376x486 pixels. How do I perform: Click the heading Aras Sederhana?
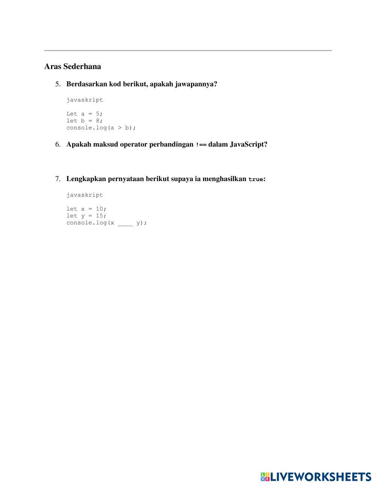tap(73, 66)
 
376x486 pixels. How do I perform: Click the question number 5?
tap(58, 84)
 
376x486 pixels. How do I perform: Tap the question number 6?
tap(58, 145)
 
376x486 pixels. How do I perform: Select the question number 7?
tap(58, 179)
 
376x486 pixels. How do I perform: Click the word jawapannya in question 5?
tap(196, 84)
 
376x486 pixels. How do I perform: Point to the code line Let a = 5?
tap(85, 114)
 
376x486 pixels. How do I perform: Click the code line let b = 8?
tap(85, 121)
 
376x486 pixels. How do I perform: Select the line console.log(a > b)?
tap(101, 128)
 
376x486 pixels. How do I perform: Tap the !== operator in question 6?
tap(201, 145)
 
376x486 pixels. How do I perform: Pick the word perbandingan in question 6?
tap(171, 145)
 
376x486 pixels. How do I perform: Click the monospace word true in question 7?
tap(256, 180)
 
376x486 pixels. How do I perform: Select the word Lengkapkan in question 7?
tap(86, 179)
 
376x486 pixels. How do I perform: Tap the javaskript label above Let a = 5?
tap(85, 100)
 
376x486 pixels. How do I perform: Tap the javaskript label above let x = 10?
tap(85, 195)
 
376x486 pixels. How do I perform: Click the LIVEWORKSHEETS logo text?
tap(321, 477)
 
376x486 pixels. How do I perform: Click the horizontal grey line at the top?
tap(188, 50)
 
